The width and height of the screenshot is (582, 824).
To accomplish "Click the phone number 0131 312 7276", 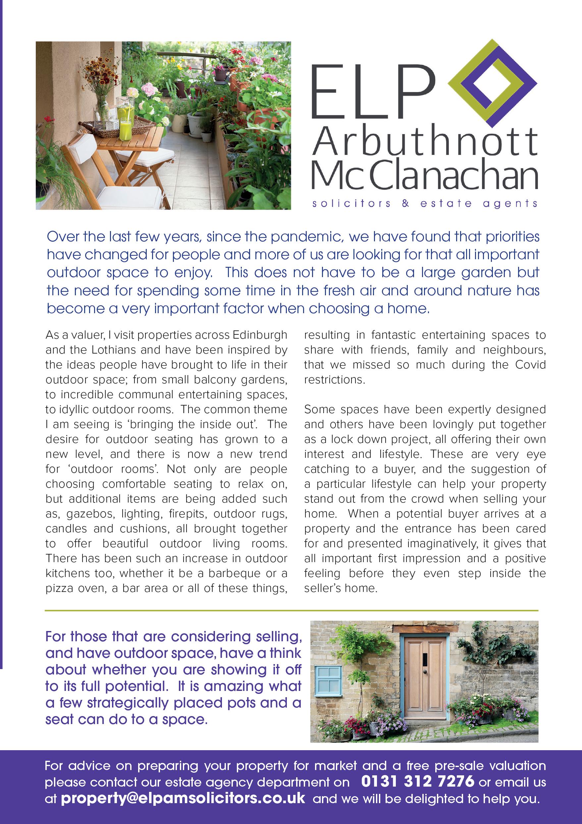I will (418, 781).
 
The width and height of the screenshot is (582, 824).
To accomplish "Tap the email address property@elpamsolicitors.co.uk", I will (183, 798).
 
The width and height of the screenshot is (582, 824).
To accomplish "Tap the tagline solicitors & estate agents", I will (425, 204).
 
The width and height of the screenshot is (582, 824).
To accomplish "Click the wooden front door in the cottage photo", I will (425, 677).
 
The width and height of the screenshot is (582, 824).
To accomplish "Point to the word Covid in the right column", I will (530, 364).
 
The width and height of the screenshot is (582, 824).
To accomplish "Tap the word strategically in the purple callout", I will (128, 703).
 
